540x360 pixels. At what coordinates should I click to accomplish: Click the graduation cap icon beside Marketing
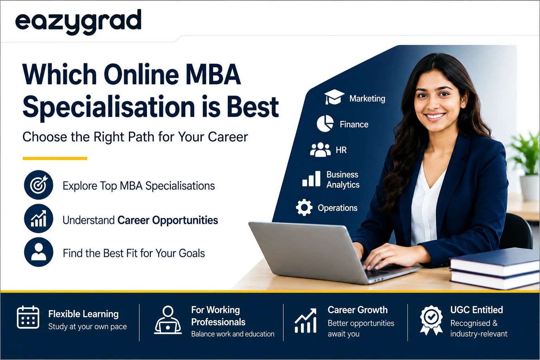[334, 97]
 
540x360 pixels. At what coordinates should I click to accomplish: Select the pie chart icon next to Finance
[325, 123]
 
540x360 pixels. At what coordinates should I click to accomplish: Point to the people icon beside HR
[320, 150]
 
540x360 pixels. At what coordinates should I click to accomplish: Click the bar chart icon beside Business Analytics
[311, 179]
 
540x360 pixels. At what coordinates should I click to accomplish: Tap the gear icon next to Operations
[304, 207]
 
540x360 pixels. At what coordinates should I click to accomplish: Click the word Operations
[337, 208]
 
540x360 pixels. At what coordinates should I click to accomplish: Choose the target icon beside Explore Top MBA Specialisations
[39, 185]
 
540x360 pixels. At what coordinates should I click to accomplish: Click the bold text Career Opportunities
[168, 220]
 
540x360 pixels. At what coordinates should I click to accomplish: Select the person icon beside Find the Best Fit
[39, 252]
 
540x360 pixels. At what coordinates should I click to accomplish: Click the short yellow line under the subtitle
[55, 159]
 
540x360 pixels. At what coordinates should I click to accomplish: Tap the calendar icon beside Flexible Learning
[28, 317]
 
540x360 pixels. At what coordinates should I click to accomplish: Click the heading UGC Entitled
[477, 310]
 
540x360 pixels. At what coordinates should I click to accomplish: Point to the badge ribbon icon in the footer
[431, 320]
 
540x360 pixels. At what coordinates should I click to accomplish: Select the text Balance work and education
[233, 334]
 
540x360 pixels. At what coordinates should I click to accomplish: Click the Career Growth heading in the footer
[358, 310]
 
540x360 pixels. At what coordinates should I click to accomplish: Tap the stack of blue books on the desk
[494, 269]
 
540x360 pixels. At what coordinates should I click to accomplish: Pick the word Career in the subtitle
[228, 137]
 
